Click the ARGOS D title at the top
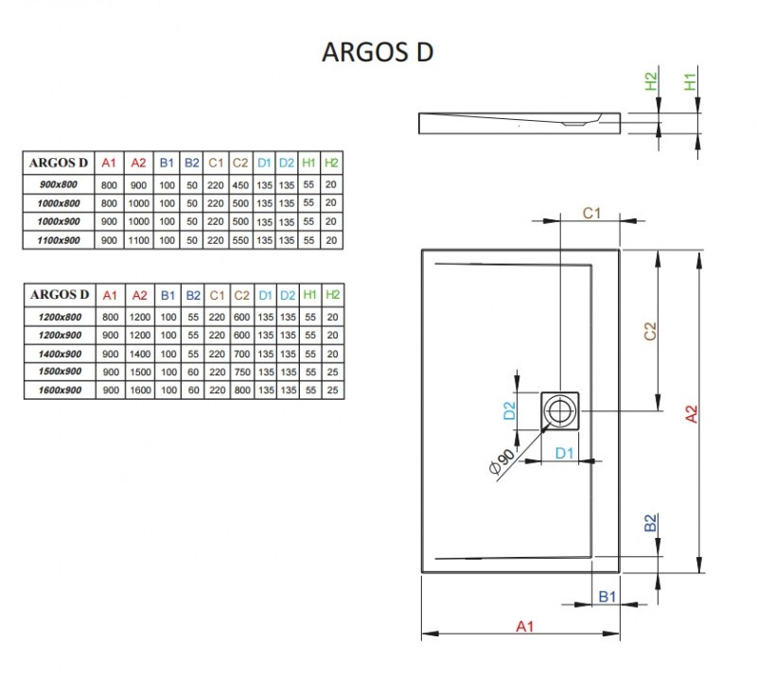(x=378, y=51)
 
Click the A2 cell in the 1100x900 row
(x=138, y=241)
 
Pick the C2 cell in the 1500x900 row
(x=240, y=371)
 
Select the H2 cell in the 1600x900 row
(x=332, y=390)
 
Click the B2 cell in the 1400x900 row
(x=192, y=353)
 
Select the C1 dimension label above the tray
(x=591, y=213)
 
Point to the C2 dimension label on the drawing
(x=650, y=332)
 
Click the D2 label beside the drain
(x=509, y=410)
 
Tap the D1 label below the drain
(x=565, y=453)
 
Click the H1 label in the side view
(x=691, y=81)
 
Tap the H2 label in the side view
(x=652, y=81)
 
